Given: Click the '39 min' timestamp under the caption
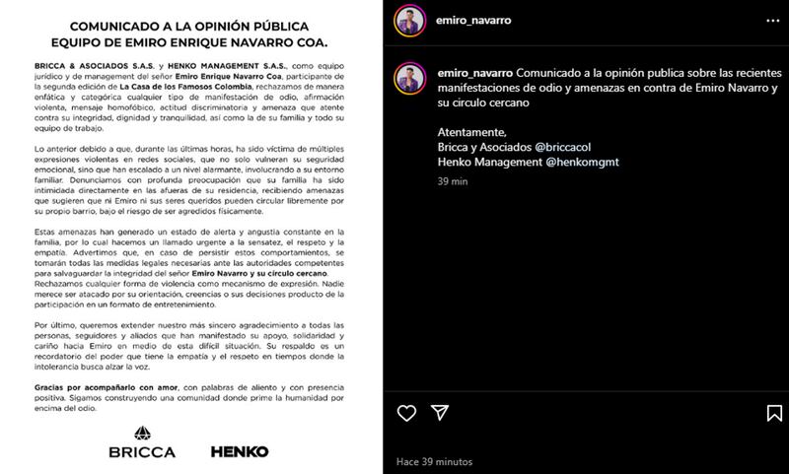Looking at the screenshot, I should pos(450,180).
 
